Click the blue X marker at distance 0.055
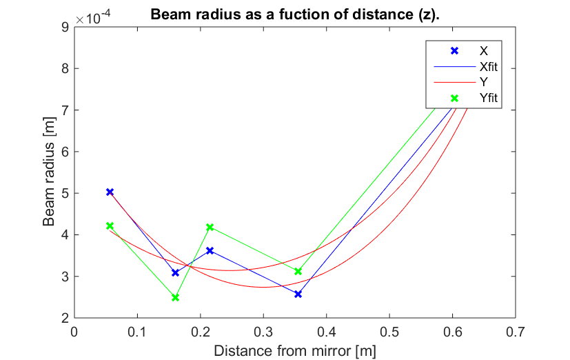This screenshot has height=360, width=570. click(x=110, y=192)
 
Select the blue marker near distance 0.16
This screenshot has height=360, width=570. click(x=176, y=273)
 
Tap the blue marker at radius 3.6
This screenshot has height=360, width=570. click(x=210, y=250)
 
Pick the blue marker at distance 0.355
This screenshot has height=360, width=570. click(x=298, y=294)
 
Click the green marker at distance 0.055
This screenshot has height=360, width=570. click(x=110, y=226)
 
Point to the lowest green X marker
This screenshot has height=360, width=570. click(x=176, y=297)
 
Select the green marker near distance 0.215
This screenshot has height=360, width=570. click(x=210, y=227)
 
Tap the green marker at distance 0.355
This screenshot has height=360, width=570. click(x=298, y=271)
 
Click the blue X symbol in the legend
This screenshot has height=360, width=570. click(x=454, y=51)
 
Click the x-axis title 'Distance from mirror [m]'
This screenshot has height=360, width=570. click(x=295, y=350)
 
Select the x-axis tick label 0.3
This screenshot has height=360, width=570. click(x=263, y=331)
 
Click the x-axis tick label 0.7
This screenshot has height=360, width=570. click(x=515, y=331)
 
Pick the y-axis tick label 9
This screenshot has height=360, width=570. click(x=65, y=27)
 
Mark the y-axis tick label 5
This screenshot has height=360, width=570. click(x=65, y=193)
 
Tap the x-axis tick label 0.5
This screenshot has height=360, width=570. click(x=389, y=331)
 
